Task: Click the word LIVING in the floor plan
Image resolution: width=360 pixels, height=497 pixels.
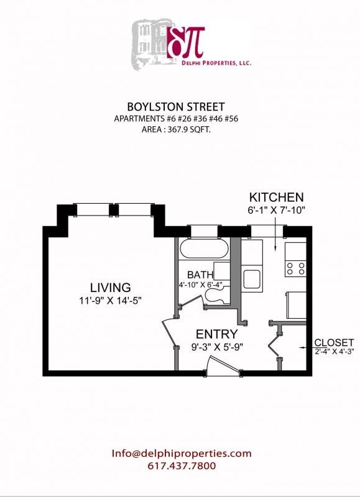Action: click(x=110, y=288)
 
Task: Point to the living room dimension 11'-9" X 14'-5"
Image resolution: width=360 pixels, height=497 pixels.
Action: click(x=110, y=301)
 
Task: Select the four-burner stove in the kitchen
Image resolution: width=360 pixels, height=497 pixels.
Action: click(x=295, y=268)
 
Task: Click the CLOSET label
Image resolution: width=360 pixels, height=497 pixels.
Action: click(x=334, y=342)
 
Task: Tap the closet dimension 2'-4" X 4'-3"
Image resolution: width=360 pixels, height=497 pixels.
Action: click(x=334, y=351)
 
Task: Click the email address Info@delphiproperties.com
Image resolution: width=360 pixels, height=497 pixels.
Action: click(x=182, y=454)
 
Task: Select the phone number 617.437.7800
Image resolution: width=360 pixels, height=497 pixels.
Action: click(x=182, y=466)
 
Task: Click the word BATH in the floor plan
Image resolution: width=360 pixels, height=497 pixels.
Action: click(x=200, y=275)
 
